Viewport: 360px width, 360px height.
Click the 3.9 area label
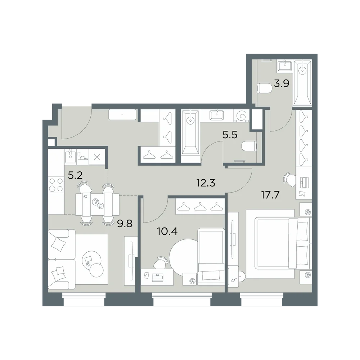tap(282, 84)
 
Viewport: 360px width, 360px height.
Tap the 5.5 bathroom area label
tap(230, 135)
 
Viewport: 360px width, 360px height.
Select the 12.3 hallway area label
tap(206, 183)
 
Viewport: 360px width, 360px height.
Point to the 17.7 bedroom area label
tap(270, 195)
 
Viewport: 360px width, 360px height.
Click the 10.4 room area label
tap(167, 231)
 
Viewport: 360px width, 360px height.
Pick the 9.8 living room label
tap(125, 224)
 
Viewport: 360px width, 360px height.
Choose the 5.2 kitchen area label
tap(75, 176)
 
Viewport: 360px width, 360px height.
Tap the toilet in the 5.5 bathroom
tap(249, 146)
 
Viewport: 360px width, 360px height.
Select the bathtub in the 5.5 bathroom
tap(190, 132)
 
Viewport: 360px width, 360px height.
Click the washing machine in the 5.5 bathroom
tap(241, 116)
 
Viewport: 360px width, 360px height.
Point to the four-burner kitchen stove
tap(56, 185)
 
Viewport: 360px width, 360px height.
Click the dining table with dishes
tap(97, 204)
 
